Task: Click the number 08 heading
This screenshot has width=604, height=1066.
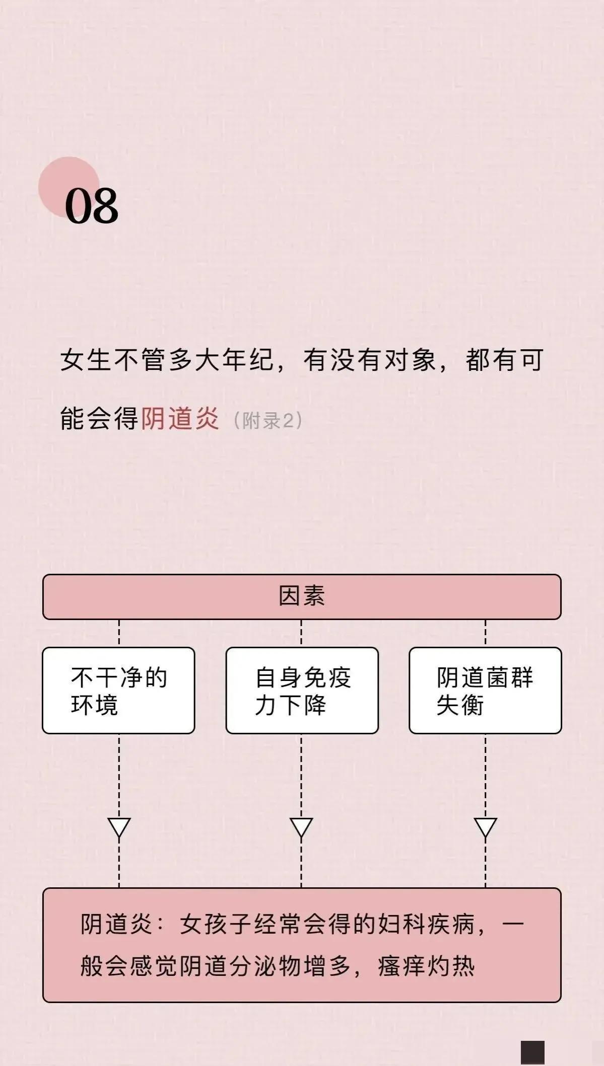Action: [x=92, y=205]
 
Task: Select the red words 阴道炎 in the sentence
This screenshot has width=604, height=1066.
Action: [x=180, y=418]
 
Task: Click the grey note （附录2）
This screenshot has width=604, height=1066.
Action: [x=268, y=420]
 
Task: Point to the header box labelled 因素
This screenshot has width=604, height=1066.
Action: [x=302, y=596]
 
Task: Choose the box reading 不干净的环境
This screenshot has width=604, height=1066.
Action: [x=118, y=690]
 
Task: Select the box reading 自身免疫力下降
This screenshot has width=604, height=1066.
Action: [x=302, y=690]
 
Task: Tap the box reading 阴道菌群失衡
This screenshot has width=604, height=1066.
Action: [x=485, y=690]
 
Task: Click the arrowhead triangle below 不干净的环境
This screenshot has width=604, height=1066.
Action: [x=119, y=827]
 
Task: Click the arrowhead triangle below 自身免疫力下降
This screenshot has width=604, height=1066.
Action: [x=301, y=827]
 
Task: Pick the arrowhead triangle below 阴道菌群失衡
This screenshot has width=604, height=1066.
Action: [x=486, y=827]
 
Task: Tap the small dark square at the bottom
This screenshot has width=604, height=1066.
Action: [x=532, y=1052]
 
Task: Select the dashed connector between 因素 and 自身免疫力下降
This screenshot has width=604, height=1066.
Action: [x=301, y=633]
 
